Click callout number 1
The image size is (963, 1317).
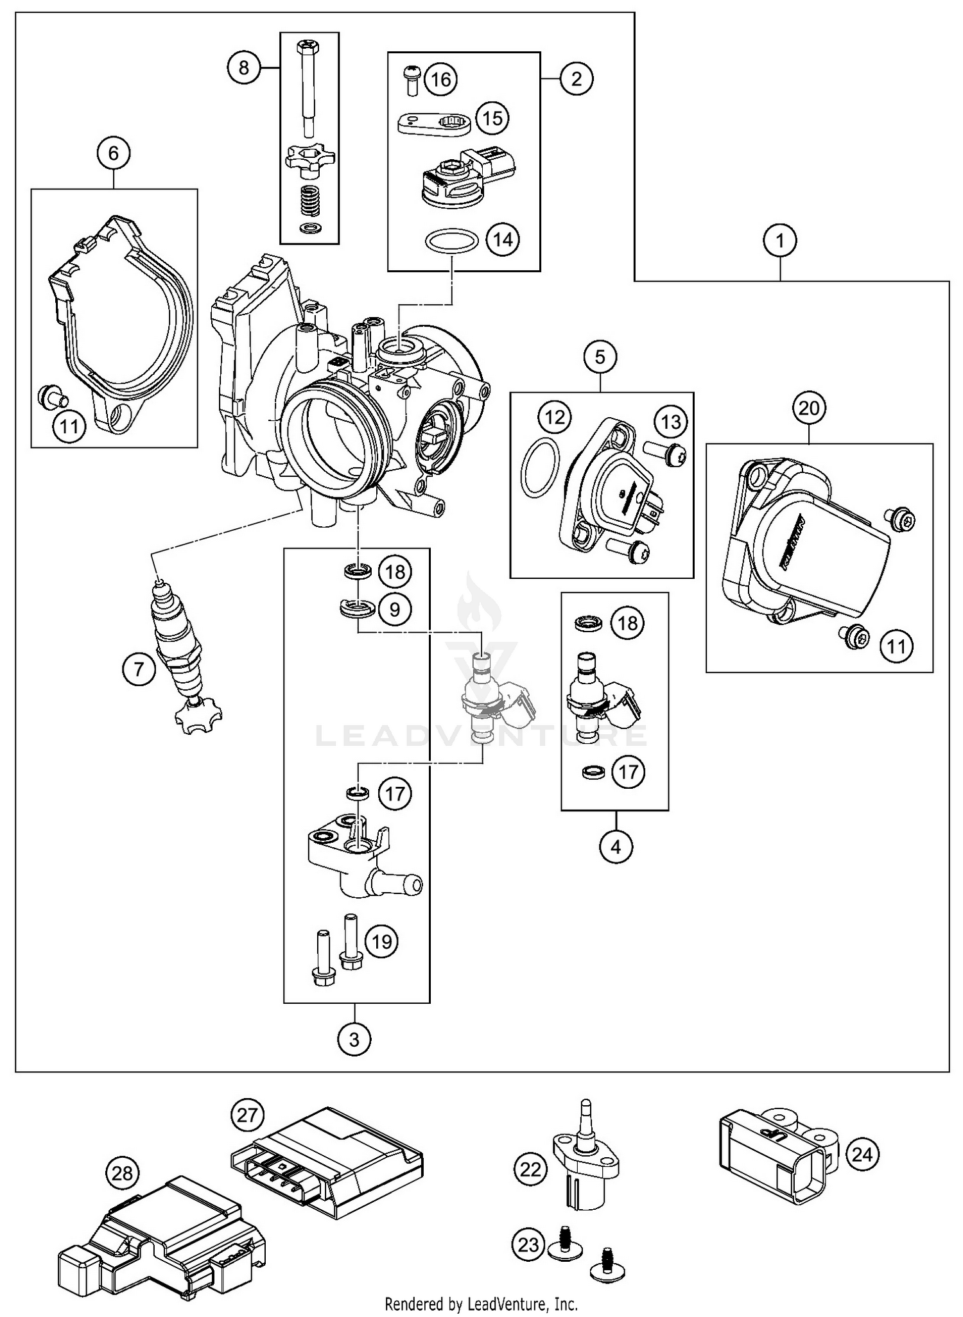pos(780,241)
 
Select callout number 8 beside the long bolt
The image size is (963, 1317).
pos(243,67)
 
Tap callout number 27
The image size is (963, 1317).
pos(247,1115)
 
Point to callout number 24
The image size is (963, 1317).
pos(862,1155)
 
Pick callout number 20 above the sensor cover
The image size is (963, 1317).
pos(809,408)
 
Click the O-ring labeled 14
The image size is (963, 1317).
pos(452,244)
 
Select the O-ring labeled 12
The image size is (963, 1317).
pos(538,468)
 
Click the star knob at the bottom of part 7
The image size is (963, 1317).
pos(196,717)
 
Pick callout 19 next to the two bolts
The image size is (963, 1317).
pos(381,942)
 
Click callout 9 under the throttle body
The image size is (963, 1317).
pos(395,608)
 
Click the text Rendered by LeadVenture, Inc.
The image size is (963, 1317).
pos(481,1304)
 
